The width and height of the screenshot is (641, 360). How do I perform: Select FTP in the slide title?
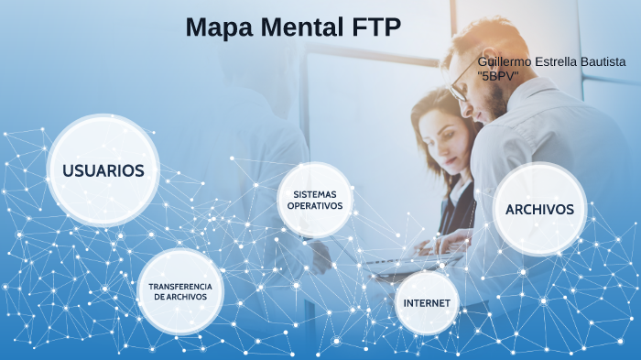tap(376, 27)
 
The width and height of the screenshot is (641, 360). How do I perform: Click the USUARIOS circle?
tap(103, 170)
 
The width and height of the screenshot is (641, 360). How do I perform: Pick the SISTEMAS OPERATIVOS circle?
tap(315, 200)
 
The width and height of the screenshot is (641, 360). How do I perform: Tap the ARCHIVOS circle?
tap(539, 209)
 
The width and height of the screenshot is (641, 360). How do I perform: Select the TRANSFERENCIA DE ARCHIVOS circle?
tap(180, 291)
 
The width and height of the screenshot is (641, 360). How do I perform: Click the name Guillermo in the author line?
tap(506, 61)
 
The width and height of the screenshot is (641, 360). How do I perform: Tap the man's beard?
tap(494, 101)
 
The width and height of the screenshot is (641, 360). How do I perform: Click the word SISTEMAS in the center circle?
tap(315, 194)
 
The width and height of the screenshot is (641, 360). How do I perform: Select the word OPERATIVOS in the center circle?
tap(315, 206)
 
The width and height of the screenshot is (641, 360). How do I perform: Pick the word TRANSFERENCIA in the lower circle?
tap(180, 286)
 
